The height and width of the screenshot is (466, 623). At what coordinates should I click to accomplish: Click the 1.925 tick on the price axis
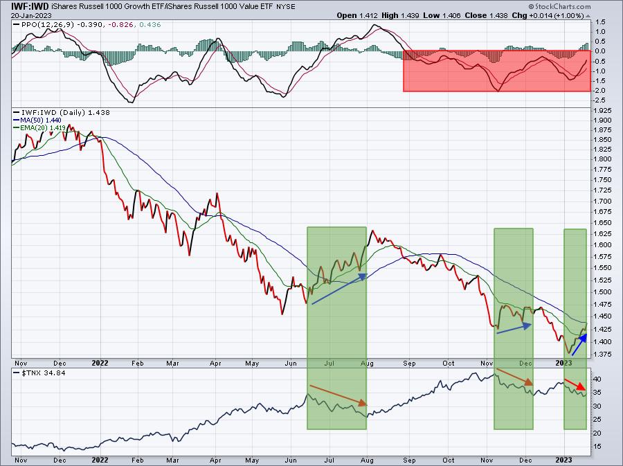pos(604,111)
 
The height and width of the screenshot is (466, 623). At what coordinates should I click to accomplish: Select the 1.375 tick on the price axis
pos(604,355)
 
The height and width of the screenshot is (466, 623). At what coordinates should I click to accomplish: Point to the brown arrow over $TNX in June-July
pos(338,395)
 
